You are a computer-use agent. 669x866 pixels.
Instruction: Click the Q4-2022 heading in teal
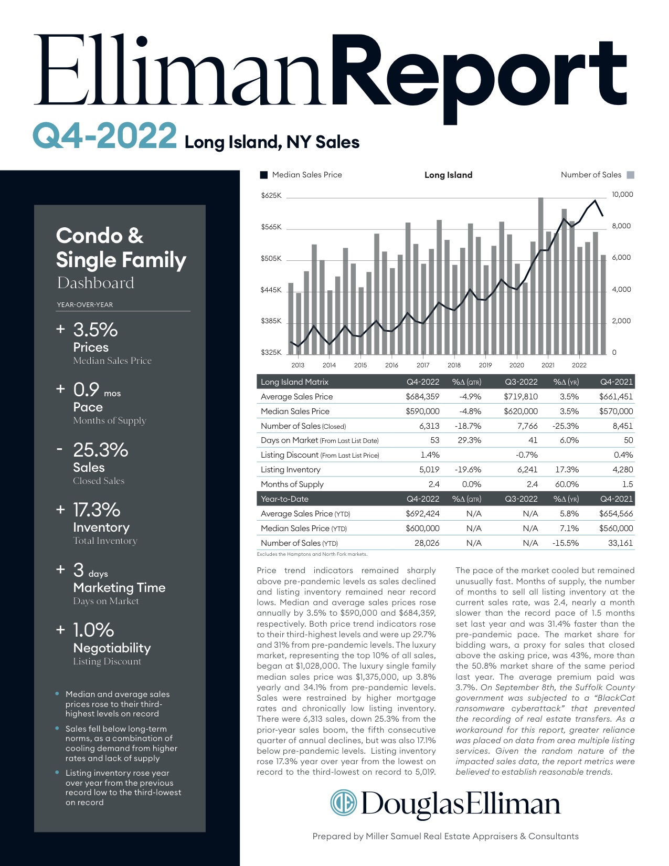point(105,136)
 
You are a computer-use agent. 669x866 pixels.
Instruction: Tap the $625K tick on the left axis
point(271,196)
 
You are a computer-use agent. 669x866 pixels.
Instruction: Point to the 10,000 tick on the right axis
point(622,195)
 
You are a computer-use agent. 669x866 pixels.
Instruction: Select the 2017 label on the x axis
point(423,365)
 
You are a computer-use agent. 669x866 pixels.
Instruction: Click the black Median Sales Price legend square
point(263,175)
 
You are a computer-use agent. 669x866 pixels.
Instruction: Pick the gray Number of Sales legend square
point(630,175)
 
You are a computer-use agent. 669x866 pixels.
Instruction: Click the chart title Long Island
point(448,175)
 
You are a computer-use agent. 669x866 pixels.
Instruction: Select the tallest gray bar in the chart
point(540,276)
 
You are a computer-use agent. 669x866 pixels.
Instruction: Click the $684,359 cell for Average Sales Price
point(422,397)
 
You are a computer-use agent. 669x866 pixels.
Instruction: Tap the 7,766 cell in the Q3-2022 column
point(527,426)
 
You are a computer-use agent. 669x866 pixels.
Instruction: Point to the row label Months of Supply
point(292,484)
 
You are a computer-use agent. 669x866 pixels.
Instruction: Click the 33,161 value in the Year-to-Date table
point(620,543)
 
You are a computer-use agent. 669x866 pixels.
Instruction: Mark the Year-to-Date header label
point(284,499)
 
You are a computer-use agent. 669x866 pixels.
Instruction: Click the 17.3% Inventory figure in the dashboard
point(97,510)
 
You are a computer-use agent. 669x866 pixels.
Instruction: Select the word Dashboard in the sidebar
point(95,283)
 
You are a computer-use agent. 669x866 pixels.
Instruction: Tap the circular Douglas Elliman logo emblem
point(344,802)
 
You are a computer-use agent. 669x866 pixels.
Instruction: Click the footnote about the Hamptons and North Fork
point(312,554)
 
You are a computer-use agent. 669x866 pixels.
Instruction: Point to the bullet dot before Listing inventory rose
point(57,773)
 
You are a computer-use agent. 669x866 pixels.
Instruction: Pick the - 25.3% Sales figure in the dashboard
point(92,450)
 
